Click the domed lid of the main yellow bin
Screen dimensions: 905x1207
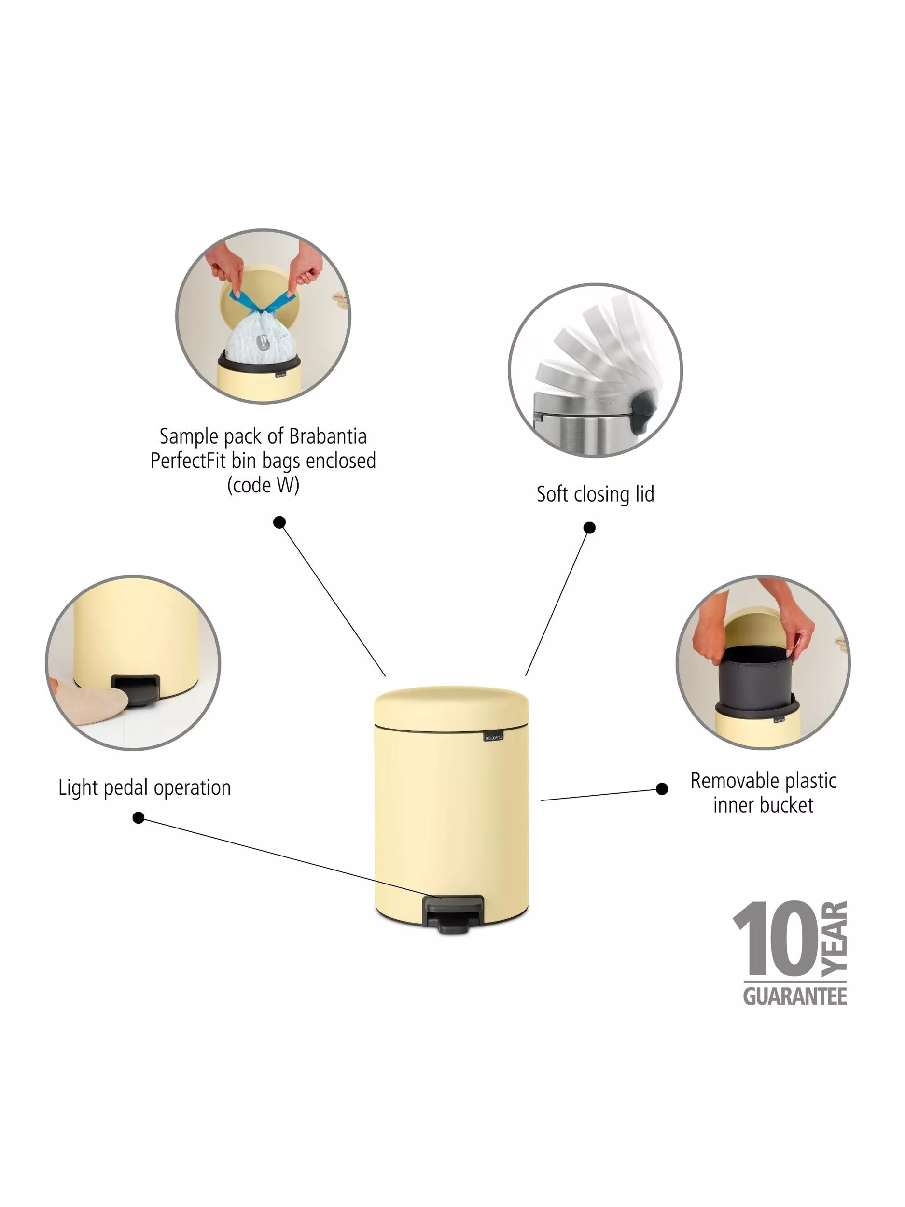(452, 707)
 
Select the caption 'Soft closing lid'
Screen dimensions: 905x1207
(595, 494)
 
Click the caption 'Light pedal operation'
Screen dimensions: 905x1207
(145, 788)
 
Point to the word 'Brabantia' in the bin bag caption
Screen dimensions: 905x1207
(327, 436)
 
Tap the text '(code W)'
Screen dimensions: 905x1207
(264, 485)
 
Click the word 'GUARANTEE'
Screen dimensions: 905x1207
(795, 997)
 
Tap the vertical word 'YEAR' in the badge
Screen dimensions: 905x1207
(834, 939)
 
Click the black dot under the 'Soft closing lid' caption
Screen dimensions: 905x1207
(589, 528)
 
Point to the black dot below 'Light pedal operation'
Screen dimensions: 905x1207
(139, 817)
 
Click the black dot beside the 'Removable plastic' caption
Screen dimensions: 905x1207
(662, 789)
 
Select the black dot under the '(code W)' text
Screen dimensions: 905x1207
(279, 523)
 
